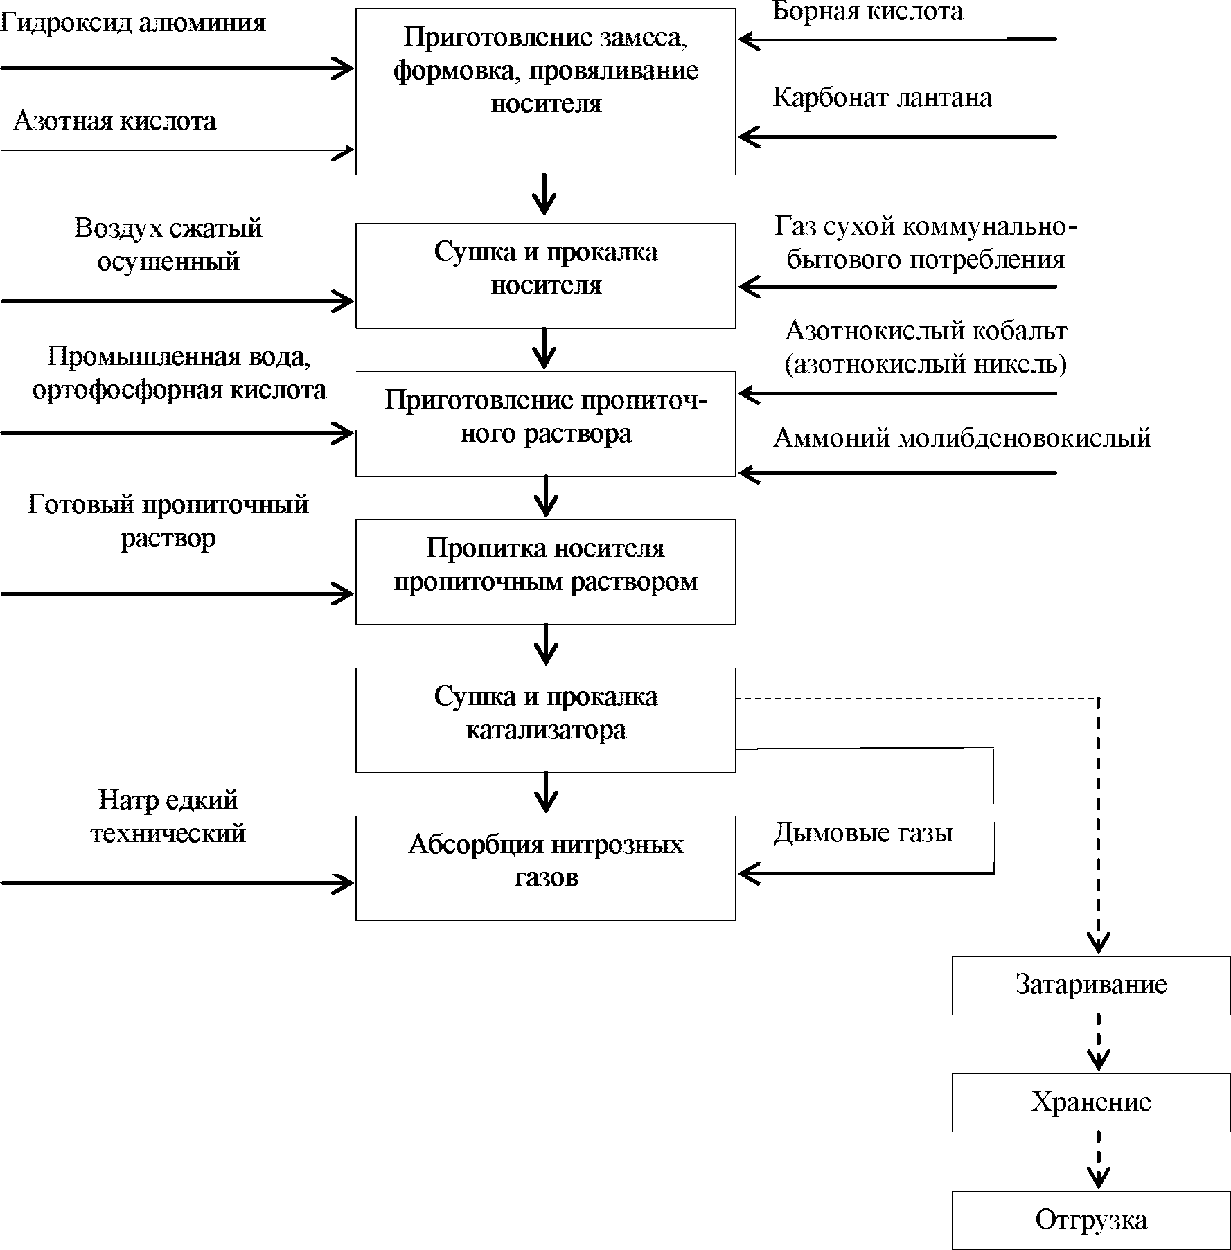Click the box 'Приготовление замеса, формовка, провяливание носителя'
[545, 91]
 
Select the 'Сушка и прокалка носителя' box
[545, 276]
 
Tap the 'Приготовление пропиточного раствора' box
[545, 424]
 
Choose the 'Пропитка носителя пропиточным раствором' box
[545, 572]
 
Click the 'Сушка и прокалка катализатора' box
[545, 720]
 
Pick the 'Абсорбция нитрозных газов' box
[545, 868]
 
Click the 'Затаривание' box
[1091, 986]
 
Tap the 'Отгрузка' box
[1091, 1220]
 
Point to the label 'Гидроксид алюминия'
[133, 23]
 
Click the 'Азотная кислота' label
[115, 121]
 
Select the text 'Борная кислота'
[867, 12]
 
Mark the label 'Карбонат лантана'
[882, 98]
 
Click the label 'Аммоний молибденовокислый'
[962, 438]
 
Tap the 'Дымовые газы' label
[863, 832]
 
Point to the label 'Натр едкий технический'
[168, 816]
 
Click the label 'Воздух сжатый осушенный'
[168, 245]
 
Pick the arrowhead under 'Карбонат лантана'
[749, 136]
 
